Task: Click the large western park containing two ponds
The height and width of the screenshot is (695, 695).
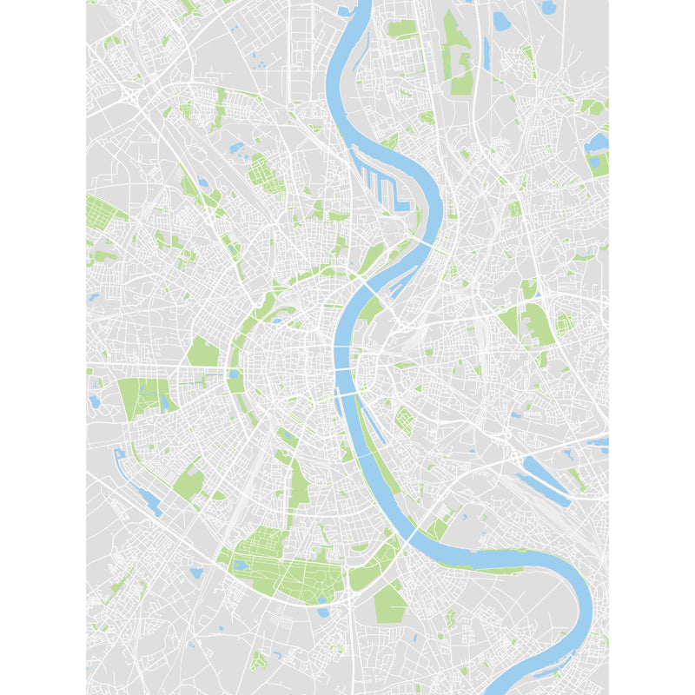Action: coord(143,398)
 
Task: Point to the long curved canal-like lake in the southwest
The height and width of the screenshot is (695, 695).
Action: coord(139,486)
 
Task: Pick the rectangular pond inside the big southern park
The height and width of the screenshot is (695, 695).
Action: coord(242,566)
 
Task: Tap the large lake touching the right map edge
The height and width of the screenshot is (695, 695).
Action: coord(597,143)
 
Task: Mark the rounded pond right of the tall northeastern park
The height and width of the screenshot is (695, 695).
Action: coord(501,20)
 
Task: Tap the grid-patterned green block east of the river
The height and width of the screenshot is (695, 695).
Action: coord(404,421)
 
